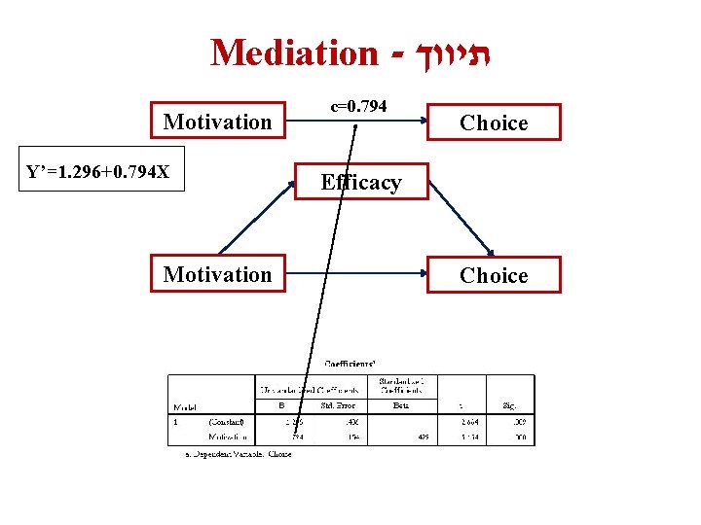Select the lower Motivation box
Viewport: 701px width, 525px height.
pos(217,275)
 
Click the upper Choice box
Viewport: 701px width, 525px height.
pos(494,123)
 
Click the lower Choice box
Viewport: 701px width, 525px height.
pos(494,276)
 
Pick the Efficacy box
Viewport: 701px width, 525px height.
pos(361,182)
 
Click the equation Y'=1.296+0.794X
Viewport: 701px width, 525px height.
pos(98,173)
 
